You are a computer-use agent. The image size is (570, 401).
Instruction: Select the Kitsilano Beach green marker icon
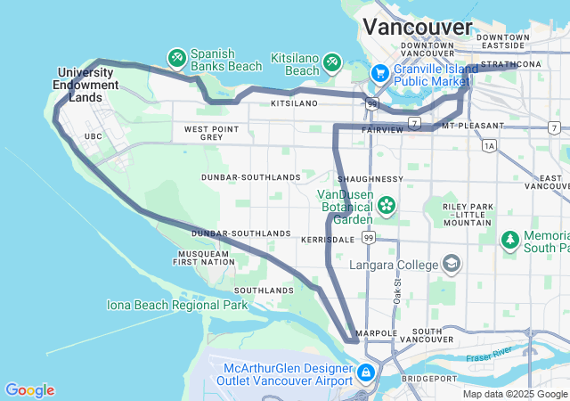pos(332,61)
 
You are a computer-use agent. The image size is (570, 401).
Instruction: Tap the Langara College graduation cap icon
pos(452,264)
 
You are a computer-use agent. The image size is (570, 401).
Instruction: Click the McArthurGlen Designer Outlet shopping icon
pos(366,372)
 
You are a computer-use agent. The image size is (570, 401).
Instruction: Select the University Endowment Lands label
pos(86,85)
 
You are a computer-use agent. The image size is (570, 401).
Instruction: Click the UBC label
pos(94,136)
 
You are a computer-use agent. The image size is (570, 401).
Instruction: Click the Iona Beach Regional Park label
pos(177,305)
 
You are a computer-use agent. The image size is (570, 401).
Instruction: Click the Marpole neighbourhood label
pos(370,334)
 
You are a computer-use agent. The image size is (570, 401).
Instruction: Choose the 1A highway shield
pos(489,145)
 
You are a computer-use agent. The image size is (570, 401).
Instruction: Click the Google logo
pos(29,390)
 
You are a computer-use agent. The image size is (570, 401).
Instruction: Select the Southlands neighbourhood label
pos(263,291)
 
